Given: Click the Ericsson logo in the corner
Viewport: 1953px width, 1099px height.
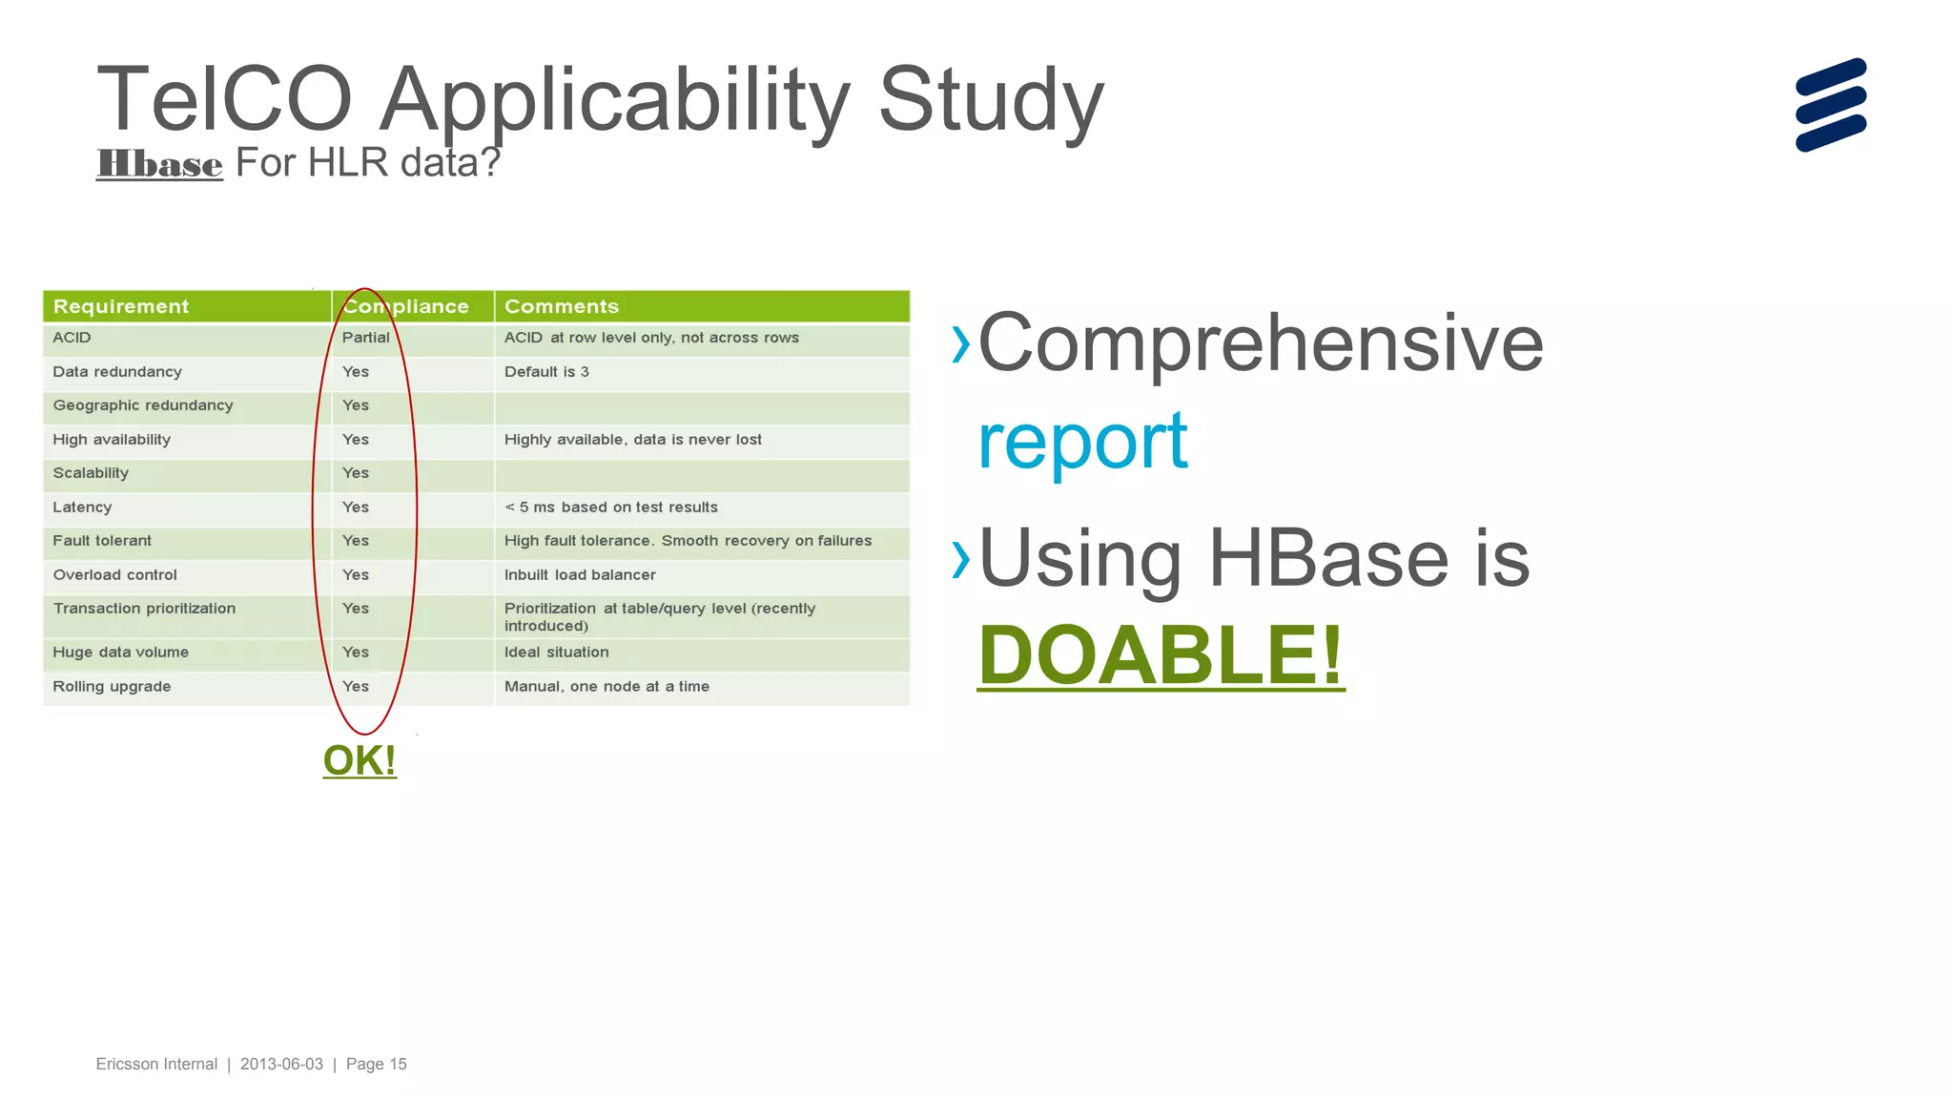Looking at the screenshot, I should pos(1830,105).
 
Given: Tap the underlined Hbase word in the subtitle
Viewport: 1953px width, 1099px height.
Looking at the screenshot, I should pos(159,164).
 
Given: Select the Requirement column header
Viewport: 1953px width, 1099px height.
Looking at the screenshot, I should pos(121,306).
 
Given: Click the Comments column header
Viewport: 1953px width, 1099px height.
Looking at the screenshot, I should pos(562,306).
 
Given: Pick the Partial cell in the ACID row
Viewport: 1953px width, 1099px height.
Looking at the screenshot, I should pos(365,338).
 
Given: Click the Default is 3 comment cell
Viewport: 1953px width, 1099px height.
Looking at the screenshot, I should pos(546,372).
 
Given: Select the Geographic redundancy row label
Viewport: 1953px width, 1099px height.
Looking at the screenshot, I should pos(143,405).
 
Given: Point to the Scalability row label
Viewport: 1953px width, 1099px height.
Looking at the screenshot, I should pos(91,473).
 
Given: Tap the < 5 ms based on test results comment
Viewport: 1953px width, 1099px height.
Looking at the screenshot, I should pos(610,508).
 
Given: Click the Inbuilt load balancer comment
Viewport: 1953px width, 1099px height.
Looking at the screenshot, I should pos(580,575).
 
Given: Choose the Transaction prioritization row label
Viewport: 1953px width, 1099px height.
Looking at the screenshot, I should pos(144,609).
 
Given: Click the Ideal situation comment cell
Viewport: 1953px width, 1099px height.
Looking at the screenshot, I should pos(556,653).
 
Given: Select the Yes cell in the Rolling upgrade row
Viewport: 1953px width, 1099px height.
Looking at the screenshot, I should pos(356,687).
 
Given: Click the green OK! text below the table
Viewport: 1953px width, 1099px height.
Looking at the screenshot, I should pos(360,760).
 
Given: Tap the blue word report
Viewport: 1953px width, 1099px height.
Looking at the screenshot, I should pos(1082,441).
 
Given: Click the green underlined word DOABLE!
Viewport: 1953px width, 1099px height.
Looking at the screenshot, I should pos(1161,655).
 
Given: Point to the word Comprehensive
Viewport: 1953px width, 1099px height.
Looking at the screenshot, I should pos(1260,343).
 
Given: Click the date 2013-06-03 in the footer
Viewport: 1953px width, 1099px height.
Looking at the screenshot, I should pos(281,1064).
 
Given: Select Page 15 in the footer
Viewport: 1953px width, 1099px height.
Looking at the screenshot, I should pos(376,1064).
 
